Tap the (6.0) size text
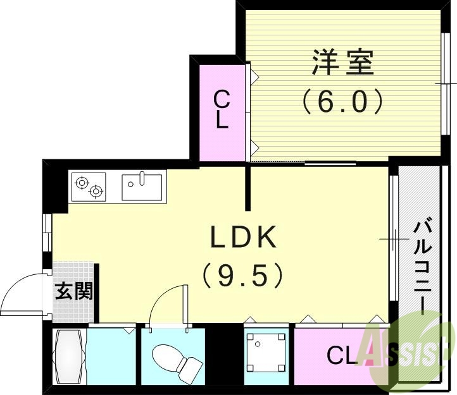[x=342, y=101]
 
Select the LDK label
[x=244, y=238]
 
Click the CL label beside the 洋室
[x=221, y=110]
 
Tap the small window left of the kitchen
[x=47, y=232]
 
